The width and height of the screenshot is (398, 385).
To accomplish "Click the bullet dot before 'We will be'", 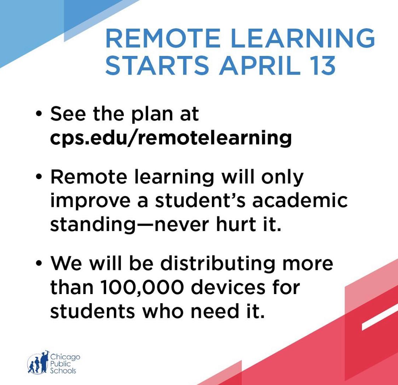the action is (x=39, y=263).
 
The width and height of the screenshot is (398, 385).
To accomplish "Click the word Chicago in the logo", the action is (x=65, y=358).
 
